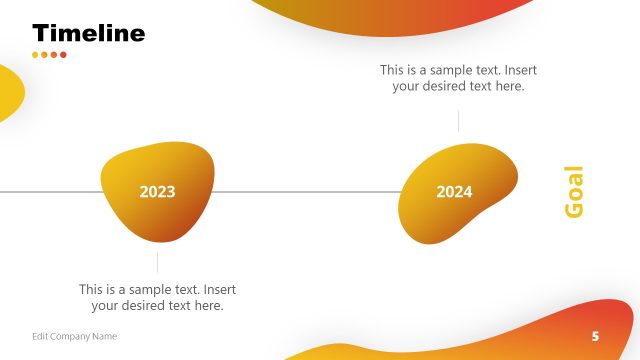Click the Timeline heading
88,33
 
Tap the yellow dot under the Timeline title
35,55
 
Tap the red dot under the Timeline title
63,55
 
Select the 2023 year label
157,192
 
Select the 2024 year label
454,192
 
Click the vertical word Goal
574,191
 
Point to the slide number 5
596,336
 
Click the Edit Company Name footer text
74,336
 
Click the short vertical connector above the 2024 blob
458,121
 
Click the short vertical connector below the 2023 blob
157,262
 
